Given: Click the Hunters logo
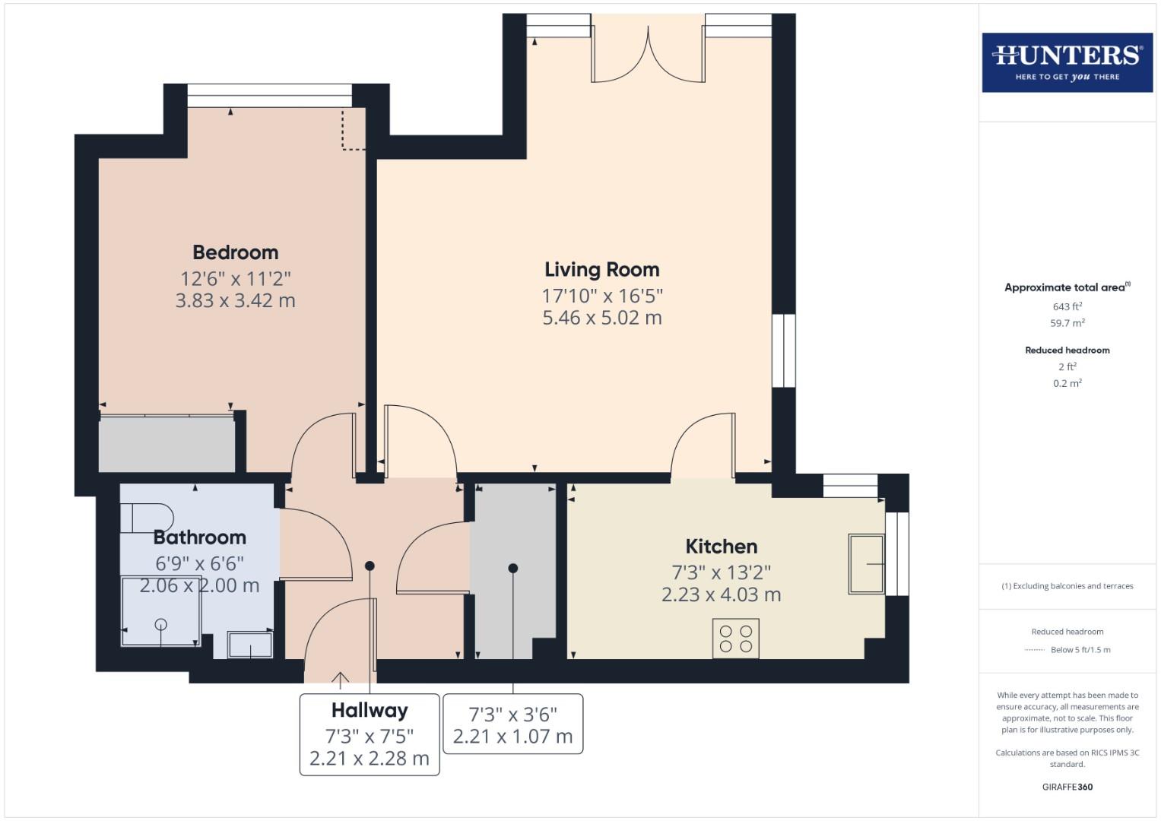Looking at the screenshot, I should (x=1067, y=62).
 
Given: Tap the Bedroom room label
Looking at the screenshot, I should (x=235, y=252).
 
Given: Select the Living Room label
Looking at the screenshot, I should (x=601, y=270).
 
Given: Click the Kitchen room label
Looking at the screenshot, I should (x=721, y=547).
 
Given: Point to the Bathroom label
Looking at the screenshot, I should (x=199, y=537).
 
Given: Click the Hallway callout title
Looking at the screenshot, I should (x=370, y=711).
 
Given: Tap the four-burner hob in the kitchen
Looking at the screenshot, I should (x=735, y=639).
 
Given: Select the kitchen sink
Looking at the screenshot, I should (x=867, y=564).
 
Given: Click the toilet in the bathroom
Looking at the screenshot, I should (x=145, y=518).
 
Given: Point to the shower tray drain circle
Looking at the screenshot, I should (x=160, y=625).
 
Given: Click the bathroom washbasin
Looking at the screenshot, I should (x=250, y=645).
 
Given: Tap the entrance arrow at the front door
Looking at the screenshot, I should (x=340, y=679).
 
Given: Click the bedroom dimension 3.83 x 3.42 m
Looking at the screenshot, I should (x=235, y=301).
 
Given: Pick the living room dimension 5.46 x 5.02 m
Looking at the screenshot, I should (x=601, y=319).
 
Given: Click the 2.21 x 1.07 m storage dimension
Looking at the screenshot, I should (x=512, y=737).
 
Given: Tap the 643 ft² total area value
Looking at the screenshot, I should (x=1067, y=306).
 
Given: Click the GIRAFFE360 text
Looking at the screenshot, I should (x=1067, y=787).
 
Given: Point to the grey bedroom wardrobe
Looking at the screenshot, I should (x=167, y=444).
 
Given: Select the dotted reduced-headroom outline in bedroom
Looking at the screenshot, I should (x=353, y=131).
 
